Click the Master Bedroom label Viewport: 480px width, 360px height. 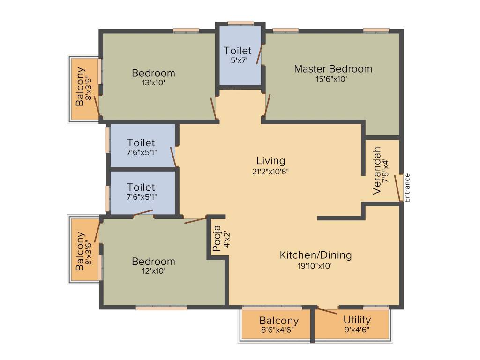pos(333,69)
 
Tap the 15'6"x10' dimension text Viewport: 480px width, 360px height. pos(331,79)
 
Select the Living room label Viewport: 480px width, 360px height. pos(270,161)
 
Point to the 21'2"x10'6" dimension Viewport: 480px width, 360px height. pos(270,172)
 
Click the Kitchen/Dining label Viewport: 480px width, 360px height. pos(315,255)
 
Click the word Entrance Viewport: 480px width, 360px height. pos(407,187)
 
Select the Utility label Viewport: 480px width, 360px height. pos(357,320)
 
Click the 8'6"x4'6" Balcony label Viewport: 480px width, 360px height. pos(279,321)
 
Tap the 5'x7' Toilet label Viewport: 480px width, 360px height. pos(238,51)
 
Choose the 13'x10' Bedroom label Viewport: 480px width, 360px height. pos(153,73)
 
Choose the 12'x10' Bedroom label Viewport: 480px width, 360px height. pos(153,262)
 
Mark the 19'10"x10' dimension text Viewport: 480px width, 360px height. pos(315,265)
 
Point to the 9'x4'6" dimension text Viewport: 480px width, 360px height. pos(357,329)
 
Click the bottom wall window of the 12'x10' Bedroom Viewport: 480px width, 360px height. pos(162,308)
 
